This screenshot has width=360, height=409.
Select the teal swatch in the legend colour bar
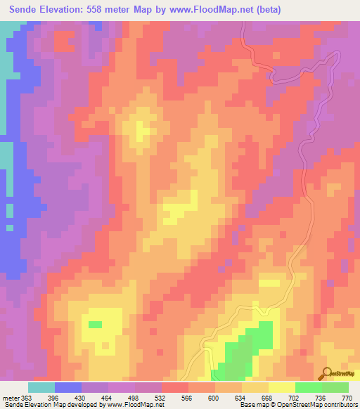tap(41, 387)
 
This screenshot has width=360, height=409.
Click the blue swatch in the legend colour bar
tap(68, 387)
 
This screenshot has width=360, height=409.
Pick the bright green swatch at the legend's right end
tap(335, 387)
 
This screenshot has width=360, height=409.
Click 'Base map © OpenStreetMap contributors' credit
tap(298, 405)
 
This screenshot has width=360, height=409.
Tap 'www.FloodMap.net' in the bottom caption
tap(137, 405)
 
